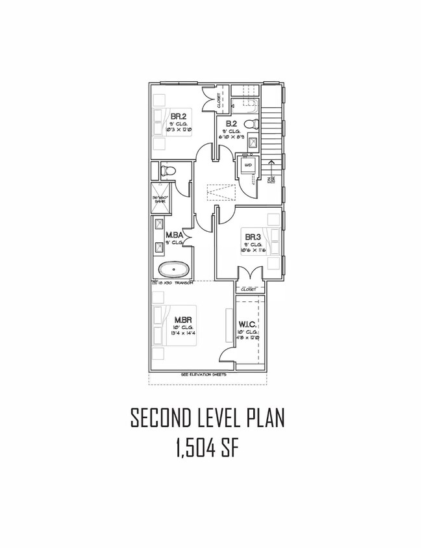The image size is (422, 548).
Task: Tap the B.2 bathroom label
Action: pyautogui.click(x=230, y=124)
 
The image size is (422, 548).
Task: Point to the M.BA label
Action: pyautogui.click(x=173, y=235)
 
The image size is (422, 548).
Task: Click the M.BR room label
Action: pyautogui.click(x=181, y=319)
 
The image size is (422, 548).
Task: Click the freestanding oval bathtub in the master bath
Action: pyautogui.click(x=174, y=269)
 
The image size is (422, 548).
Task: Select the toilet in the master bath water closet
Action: pyautogui.click(x=168, y=171)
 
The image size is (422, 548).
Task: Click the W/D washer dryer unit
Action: pyautogui.click(x=247, y=166)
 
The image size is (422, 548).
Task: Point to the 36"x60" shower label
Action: pyautogui.click(x=160, y=200)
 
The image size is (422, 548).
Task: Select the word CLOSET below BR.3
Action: pyautogui.click(x=249, y=289)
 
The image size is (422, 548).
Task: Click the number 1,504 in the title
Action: pyautogui.click(x=193, y=450)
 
